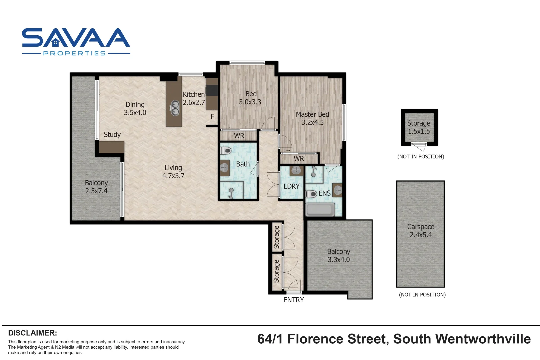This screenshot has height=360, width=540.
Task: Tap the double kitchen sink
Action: (175, 108)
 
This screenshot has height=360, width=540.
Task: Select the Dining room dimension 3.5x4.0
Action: (135, 113)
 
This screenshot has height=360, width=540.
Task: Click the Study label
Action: (112, 135)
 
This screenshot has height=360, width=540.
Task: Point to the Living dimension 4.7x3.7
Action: (173, 176)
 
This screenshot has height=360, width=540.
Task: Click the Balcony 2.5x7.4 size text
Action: (96, 191)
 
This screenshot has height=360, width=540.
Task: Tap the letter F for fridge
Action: (212, 117)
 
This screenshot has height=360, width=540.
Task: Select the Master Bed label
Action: (312, 114)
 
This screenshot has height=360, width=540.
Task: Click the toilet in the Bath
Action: (226, 151)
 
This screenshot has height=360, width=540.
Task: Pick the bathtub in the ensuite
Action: (320, 210)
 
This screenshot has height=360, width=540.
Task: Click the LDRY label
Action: (291, 186)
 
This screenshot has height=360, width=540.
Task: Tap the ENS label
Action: (324, 193)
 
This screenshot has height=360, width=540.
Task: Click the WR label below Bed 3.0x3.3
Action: (239, 136)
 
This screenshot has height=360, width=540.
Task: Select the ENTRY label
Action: (293, 300)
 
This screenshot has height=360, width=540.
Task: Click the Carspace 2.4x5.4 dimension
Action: (421, 235)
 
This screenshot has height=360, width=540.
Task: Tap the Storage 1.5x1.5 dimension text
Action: (419, 131)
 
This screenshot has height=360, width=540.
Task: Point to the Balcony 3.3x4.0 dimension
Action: (339, 260)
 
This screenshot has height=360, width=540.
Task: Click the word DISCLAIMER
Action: (32, 333)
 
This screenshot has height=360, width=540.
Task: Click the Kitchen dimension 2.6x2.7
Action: (194, 103)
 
